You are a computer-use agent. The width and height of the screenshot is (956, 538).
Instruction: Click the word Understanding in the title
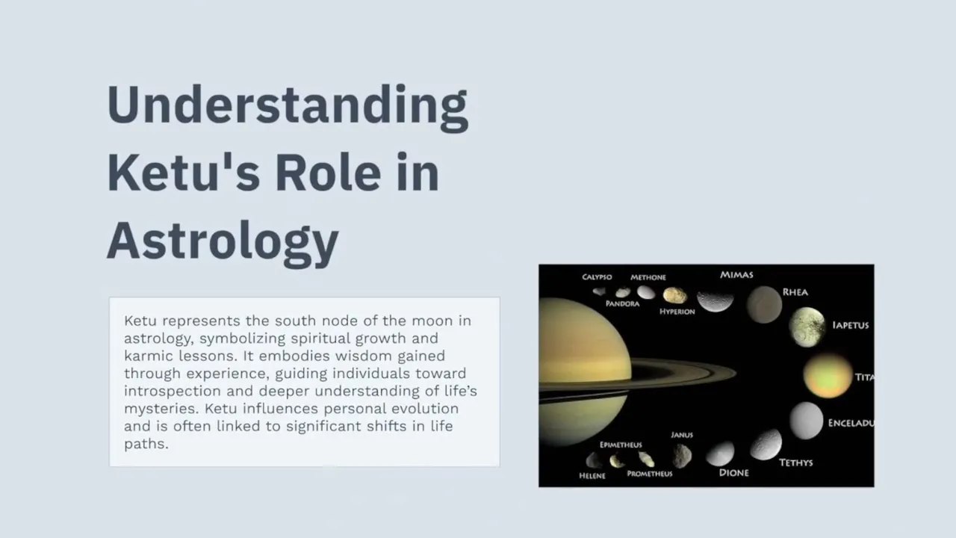point(288,108)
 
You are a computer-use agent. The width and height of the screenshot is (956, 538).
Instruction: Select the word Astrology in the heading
point(223,244)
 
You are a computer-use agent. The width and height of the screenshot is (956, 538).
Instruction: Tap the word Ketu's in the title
point(184,173)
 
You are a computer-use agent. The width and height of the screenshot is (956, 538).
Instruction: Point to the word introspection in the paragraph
point(173,392)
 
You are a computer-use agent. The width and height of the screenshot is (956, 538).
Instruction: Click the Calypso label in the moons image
point(597,277)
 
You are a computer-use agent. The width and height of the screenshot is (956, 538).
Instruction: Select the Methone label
point(648,277)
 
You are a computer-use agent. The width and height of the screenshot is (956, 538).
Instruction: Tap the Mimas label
point(736,275)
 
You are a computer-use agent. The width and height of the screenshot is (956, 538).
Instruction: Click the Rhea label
point(795,292)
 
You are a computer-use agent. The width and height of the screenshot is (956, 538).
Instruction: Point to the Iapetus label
point(851,325)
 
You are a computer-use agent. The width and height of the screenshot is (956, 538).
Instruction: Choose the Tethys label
point(796,463)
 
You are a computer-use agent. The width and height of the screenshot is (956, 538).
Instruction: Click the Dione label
point(734,473)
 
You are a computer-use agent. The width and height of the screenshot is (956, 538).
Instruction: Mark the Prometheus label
point(650,474)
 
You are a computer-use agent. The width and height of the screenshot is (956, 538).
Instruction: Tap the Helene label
point(592,476)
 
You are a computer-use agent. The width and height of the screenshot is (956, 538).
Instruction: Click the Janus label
point(682,435)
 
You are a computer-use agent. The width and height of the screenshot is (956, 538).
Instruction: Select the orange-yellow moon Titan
point(828,376)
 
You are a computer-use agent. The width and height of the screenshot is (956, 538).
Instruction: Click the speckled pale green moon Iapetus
point(807,327)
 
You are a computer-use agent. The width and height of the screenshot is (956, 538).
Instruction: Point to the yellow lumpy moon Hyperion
point(674,295)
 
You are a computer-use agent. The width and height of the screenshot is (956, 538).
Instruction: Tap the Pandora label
point(623,304)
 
